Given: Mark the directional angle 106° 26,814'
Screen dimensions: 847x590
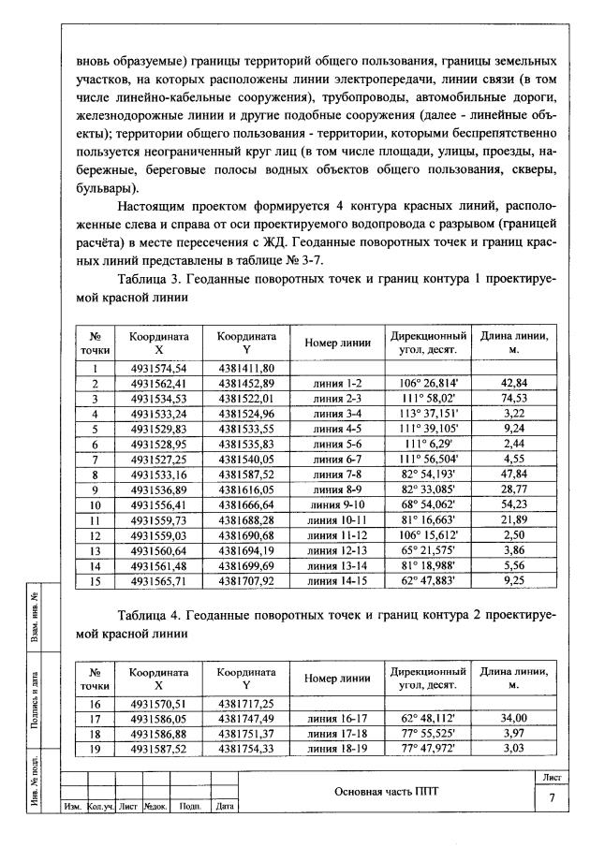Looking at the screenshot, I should tap(428, 384).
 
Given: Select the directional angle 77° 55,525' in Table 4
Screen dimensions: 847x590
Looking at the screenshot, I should tap(428, 733).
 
